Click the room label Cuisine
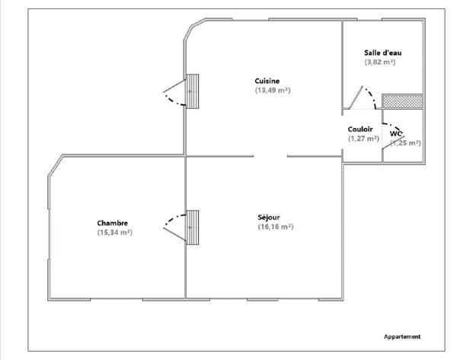pos(267,81)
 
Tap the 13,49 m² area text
pos(273,90)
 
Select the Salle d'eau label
pos(382,53)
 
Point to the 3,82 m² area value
pos(380,62)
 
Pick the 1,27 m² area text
pos(363,139)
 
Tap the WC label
pos(396,133)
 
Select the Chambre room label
pos(112,223)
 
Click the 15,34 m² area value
pos(115,232)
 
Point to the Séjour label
pos(269,218)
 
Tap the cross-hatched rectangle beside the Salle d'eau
pos(401,100)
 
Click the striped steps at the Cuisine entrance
pos(193,91)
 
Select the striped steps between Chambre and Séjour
pos(193,227)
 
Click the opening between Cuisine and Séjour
pos(270,157)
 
